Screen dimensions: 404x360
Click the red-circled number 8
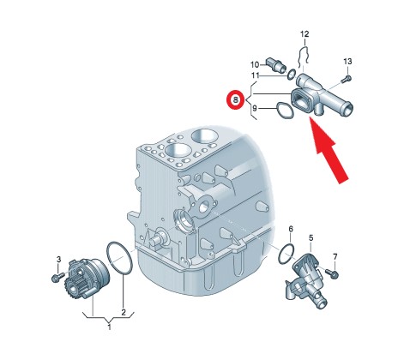coord(235,100)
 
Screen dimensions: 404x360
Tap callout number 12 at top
coord(305,34)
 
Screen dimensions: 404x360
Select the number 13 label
coord(347,62)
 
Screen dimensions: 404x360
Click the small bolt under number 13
coord(347,79)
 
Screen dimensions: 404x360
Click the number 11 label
coord(255,75)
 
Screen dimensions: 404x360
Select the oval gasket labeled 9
coord(285,111)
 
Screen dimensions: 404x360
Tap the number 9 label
coord(255,109)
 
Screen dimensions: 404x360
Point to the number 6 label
coord(291,229)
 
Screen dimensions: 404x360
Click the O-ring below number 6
coord(286,254)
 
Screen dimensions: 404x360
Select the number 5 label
coord(311,237)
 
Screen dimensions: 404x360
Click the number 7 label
coord(335,256)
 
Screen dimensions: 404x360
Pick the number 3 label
coord(58,260)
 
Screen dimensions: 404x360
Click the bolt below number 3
coord(58,277)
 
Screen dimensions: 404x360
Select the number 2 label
coord(124,313)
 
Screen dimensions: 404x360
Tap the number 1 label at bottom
coord(109,327)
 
